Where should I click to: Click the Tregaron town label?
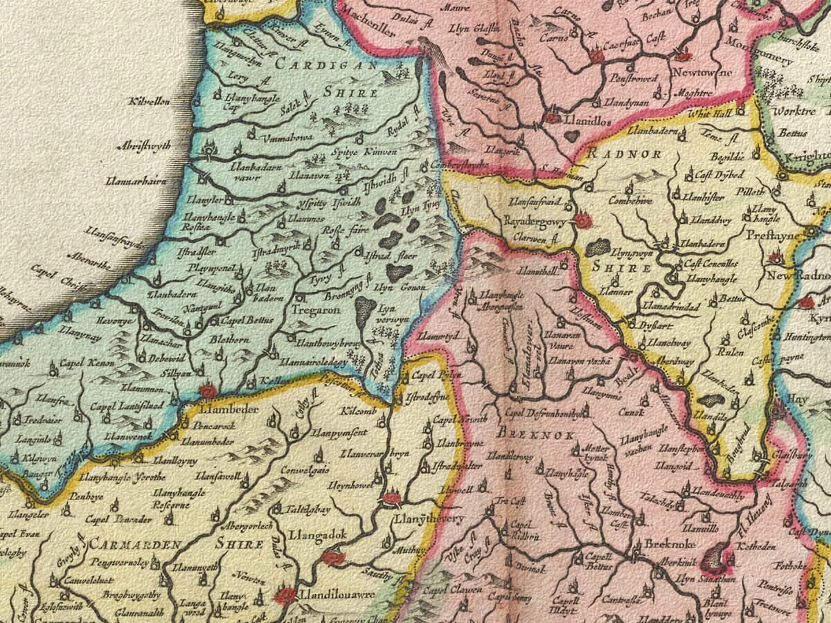(x=318, y=311)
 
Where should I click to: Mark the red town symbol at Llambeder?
(x=208, y=392)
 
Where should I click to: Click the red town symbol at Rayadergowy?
(x=584, y=221)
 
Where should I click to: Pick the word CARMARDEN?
(x=125, y=544)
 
